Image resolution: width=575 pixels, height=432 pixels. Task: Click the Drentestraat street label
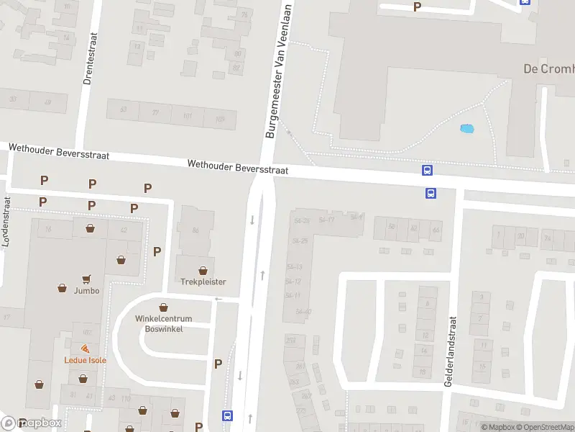pos(89,60)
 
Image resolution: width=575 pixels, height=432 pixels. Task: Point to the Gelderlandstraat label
pos(451,353)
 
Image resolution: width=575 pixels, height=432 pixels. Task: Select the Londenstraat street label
pos(6,222)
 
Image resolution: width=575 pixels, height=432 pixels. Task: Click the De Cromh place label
pos(548,69)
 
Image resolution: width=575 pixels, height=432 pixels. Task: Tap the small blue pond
pos(467,130)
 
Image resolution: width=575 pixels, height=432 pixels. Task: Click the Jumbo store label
pos(86,290)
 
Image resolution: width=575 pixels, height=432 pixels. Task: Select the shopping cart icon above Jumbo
pos(86,278)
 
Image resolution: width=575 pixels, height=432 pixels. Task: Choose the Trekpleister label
pos(203,282)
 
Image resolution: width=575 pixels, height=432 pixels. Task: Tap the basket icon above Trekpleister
pos(203,270)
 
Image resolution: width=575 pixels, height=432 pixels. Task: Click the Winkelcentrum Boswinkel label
pos(163,323)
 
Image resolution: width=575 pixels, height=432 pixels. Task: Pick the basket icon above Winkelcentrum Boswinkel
pos(163,307)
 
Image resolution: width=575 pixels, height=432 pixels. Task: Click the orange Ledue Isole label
pos(85,360)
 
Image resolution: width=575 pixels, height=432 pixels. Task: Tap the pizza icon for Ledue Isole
pos(85,349)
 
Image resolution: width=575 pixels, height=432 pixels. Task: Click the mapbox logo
pos(32,423)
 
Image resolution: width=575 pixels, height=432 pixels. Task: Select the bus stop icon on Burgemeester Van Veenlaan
pos(227,415)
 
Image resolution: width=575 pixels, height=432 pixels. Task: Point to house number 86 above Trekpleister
pos(195,230)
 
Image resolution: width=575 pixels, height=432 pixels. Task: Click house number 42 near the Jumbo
pos(124,230)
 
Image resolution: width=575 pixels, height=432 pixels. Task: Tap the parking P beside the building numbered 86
pos(157,251)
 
